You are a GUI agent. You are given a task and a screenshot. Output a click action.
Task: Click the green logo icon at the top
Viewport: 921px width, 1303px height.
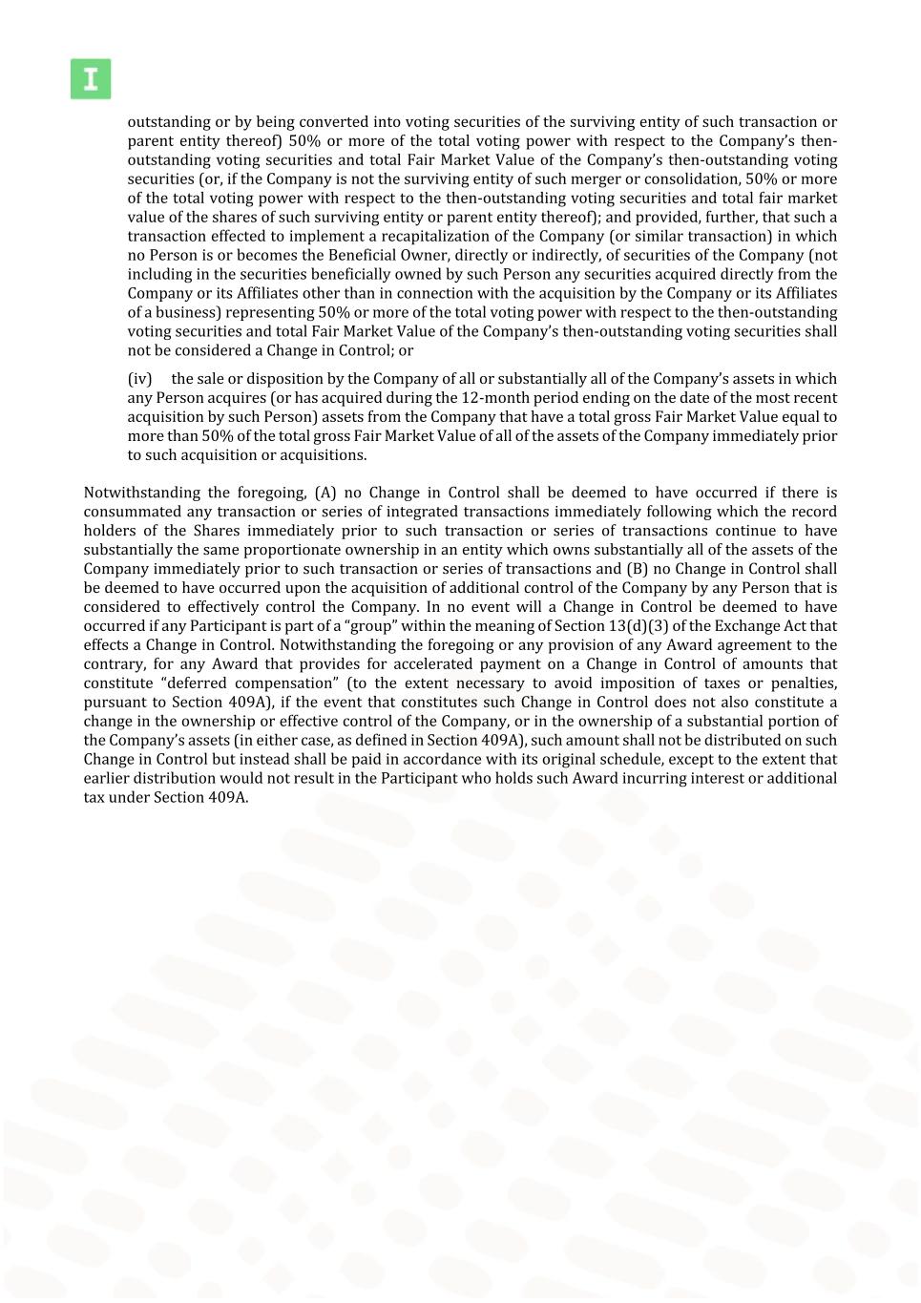[91, 79]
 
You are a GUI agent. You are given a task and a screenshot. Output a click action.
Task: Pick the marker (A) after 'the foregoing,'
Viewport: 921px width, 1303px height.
[324, 494]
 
